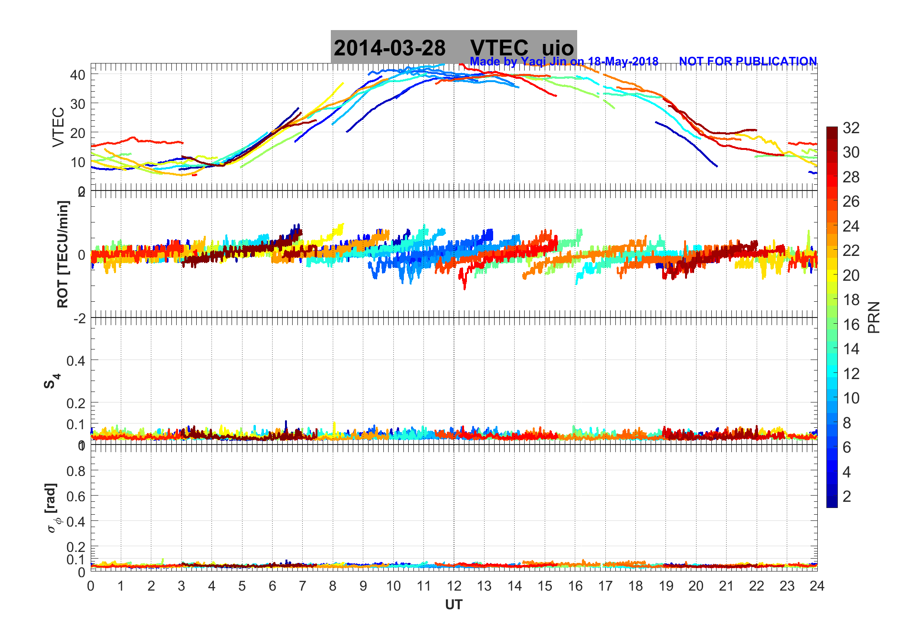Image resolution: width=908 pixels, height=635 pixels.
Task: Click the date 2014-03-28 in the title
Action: (x=390, y=48)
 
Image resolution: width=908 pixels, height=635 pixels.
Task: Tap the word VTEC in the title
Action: (x=499, y=48)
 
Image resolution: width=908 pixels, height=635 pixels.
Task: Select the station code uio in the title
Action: (x=558, y=48)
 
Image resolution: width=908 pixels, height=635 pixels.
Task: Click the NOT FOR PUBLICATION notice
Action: (x=748, y=62)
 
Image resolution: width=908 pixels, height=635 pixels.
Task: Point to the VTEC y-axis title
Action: (x=58, y=127)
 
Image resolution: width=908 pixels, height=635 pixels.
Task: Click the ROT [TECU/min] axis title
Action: (x=63, y=254)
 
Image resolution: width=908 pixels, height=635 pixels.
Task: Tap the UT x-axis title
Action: (x=454, y=605)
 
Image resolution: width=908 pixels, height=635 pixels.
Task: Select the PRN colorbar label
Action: (x=874, y=317)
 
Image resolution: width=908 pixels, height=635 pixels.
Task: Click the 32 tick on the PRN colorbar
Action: (x=851, y=128)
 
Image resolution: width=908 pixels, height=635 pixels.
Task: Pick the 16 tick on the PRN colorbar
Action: (x=851, y=325)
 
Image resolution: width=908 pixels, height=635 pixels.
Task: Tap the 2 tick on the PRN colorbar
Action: (x=847, y=497)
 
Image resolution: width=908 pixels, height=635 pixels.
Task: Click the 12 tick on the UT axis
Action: (x=454, y=586)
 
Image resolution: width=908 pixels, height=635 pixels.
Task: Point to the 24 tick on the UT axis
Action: (x=817, y=586)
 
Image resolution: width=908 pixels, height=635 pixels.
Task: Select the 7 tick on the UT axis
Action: (x=303, y=586)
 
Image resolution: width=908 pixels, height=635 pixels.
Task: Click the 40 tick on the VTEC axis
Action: (x=78, y=75)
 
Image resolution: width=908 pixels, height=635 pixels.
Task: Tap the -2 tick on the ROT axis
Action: (x=79, y=318)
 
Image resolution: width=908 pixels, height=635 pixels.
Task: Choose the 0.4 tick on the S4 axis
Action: (x=76, y=360)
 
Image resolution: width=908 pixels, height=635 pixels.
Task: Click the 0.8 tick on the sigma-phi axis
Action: (x=76, y=471)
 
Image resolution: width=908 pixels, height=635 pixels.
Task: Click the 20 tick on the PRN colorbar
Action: (x=851, y=275)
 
